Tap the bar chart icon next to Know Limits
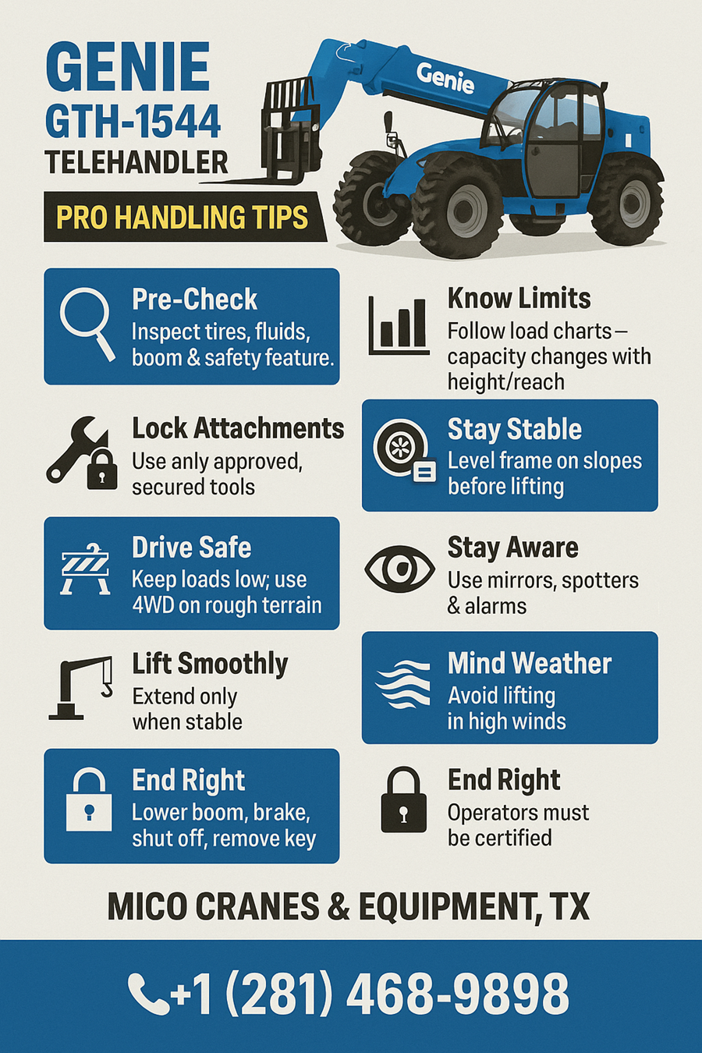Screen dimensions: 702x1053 [399, 325]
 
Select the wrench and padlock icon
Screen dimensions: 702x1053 [82, 453]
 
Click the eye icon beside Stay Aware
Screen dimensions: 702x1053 [399, 569]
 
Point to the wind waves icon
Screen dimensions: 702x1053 [403, 684]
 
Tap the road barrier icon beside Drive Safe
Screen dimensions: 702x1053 [86, 569]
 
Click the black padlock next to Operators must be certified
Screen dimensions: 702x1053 [403, 799]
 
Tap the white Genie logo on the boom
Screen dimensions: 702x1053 [445, 78]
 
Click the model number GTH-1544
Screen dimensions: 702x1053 [133, 122]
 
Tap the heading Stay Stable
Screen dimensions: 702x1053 [514, 430]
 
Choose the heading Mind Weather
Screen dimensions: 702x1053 [530, 663]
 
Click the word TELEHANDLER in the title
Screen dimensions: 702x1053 [136, 163]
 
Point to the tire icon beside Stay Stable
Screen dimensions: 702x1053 [404, 449]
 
